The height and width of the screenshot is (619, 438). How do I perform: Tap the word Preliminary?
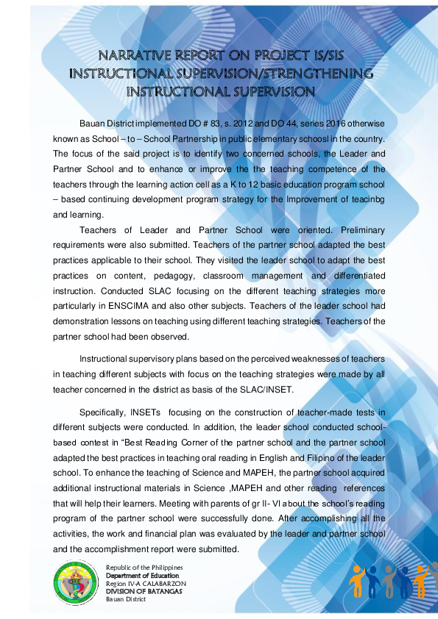[x=356, y=229]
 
